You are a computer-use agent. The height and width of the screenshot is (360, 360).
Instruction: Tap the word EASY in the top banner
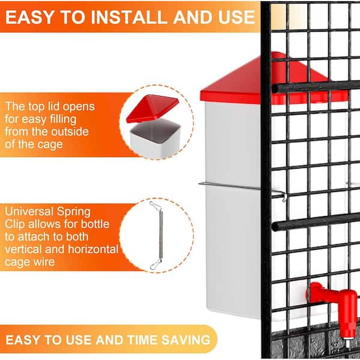click(x=29, y=17)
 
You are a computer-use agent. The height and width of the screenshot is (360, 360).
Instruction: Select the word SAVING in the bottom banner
click(x=186, y=340)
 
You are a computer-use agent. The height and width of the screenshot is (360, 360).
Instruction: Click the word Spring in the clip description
click(x=74, y=212)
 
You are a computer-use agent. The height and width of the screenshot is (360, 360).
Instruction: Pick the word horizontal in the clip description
click(x=93, y=250)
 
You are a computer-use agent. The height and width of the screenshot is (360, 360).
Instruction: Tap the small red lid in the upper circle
click(x=152, y=108)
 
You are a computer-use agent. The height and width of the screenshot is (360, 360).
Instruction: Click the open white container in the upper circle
click(x=155, y=138)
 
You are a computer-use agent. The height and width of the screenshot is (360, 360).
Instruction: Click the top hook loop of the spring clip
click(x=154, y=205)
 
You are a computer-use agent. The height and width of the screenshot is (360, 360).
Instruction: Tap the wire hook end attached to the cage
click(x=284, y=197)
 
